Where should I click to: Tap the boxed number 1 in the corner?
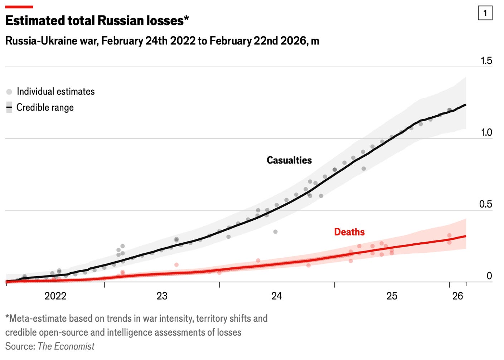click(485, 13)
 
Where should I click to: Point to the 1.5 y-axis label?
click(486, 61)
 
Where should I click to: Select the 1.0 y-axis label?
click(486, 132)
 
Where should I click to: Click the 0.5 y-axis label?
click(486, 204)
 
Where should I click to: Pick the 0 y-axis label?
click(489, 276)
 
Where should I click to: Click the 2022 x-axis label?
click(55, 296)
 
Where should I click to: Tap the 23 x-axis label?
click(162, 296)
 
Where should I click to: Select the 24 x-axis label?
click(277, 296)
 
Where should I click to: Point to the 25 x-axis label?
click(392, 296)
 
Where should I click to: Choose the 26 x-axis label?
click(458, 296)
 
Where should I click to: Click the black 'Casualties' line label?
click(289, 160)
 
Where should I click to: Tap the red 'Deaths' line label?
click(349, 232)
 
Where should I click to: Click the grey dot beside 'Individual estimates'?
click(9, 92)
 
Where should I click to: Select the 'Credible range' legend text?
click(45, 108)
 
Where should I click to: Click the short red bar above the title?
click(19, 7)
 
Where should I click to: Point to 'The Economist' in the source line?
click(66, 346)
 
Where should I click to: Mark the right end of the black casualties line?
click(466, 105)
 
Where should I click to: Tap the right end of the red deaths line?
click(466, 236)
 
